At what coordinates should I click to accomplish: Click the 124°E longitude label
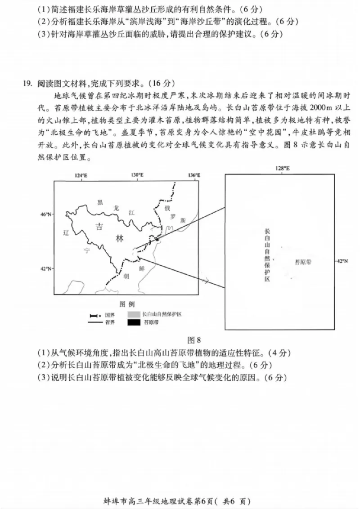[81, 175]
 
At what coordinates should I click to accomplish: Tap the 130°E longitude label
[137, 175]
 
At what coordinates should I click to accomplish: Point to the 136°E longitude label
[194, 175]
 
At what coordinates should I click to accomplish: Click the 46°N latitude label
[46, 214]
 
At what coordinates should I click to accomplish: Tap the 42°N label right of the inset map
[342, 261]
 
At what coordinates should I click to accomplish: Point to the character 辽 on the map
[66, 233]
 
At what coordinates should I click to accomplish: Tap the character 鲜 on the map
[141, 268]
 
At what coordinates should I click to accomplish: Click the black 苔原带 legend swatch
[134, 322]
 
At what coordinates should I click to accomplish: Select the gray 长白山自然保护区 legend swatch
[134, 314]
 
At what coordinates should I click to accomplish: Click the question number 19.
[28, 83]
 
